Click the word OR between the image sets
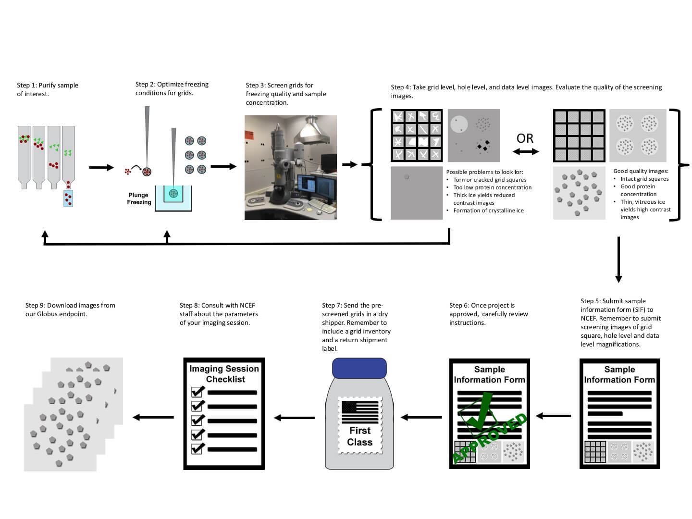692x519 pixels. point(525,138)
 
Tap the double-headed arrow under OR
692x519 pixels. point(525,152)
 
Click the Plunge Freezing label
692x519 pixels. point(139,198)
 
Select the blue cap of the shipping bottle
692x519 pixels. point(359,368)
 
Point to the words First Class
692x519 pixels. point(360,436)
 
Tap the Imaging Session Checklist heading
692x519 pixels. point(224,374)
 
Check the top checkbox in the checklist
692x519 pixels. point(198,391)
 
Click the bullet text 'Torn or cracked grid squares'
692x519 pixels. point(490,180)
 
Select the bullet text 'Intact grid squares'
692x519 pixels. point(644,179)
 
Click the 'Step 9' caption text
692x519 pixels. point(70,309)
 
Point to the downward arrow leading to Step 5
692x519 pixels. point(618,259)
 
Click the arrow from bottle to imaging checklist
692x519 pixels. point(294,418)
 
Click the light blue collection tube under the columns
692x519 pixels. point(68,198)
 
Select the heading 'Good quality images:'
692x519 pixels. point(641,171)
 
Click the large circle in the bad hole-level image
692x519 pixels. point(459,124)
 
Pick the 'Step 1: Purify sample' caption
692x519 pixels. point(48,89)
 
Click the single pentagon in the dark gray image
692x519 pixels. point(407,177)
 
